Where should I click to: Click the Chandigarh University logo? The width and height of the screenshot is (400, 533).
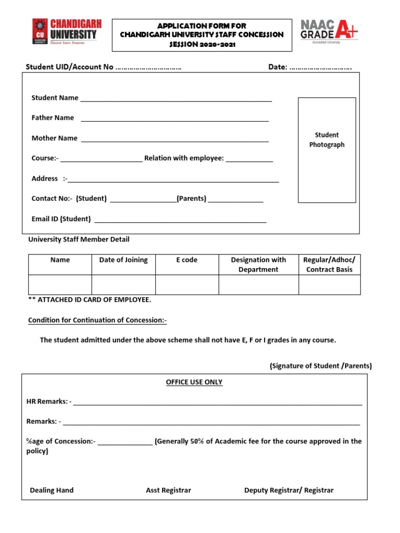tap(67, 32)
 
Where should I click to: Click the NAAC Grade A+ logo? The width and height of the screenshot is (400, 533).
tap(329, 31)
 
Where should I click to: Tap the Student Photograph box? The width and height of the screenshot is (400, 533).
tap(327, 150)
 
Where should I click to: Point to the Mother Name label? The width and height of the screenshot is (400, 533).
tap(54, 138)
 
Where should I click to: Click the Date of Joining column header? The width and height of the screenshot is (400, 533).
tap(123, 260)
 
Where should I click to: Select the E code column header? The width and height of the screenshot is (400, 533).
tap(186, 260)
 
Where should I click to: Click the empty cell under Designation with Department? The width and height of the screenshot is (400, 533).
tap(258, 285)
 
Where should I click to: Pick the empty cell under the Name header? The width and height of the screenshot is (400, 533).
tap(60, 285)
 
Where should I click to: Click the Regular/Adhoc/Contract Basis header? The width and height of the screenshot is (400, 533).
tap(329, 264)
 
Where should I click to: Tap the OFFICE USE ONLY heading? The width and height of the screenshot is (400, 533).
tap(194, 382)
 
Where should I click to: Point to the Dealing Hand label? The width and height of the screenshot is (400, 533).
tap(52, 490)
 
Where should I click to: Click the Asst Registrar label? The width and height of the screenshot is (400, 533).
tap(168, 490)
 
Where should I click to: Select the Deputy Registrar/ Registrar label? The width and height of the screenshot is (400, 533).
tap(289, 490)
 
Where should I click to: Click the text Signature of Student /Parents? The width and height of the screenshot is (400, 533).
tap(321, 366)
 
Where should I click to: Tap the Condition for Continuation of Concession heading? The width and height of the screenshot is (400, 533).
tap(97, 320)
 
